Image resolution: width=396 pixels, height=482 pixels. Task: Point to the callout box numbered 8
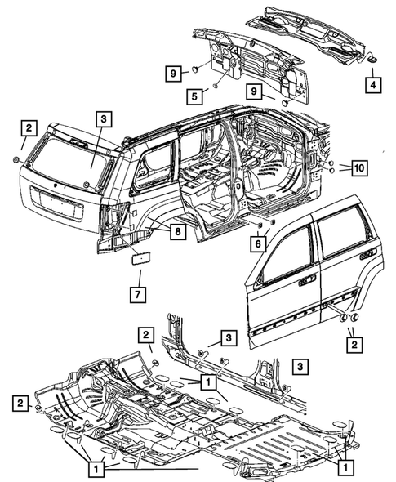pos(177,231)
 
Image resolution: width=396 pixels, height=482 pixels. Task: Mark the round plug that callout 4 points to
pos(371,59)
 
